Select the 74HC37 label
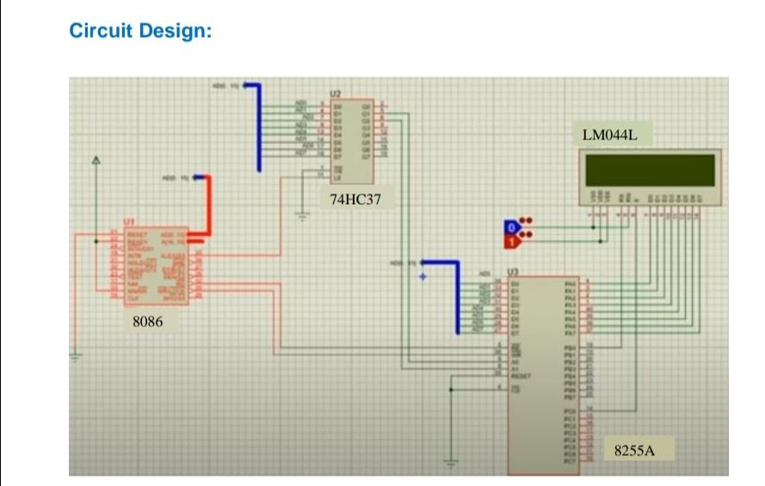tap(355, 200)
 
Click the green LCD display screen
tap(650, 169)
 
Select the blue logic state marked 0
tap(511, 227)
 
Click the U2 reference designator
tap(335, 92)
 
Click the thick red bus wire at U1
tap(207, 206)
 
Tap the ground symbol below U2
tap(302, 216)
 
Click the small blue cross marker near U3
tap(423, 277)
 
